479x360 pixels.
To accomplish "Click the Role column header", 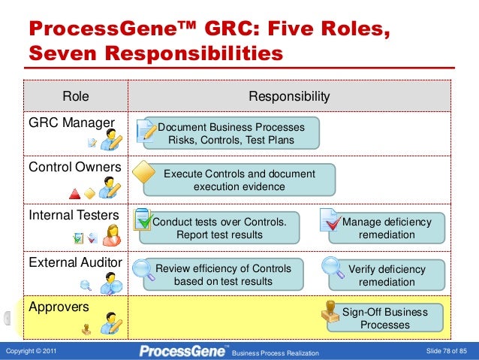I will [75, 96].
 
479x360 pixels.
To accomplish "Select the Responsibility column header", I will [289, 96].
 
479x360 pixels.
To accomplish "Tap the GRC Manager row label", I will [71, 123].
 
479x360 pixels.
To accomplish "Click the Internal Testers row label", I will [74, 216].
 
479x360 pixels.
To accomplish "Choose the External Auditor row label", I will [75, 262].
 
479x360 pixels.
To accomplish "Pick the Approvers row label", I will [59, 307].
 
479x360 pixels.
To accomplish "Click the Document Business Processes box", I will [231, 133].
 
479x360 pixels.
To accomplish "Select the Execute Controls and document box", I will [239, 180].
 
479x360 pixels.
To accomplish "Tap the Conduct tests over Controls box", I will [219, 228].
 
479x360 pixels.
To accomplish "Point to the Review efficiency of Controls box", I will [223, 275].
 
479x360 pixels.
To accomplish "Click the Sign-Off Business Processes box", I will [385, 318].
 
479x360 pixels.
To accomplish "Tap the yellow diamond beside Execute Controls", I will [142, 171].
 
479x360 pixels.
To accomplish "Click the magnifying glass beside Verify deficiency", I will [331, 265].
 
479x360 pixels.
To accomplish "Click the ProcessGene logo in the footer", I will [183, 350].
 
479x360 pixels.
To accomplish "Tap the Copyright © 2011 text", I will [31, 351].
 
